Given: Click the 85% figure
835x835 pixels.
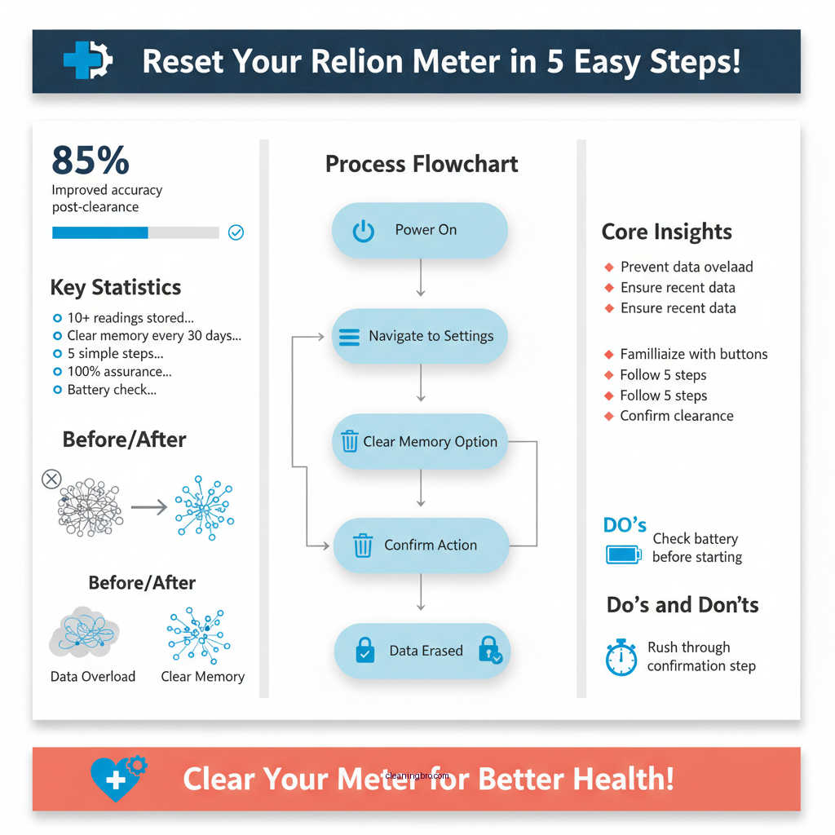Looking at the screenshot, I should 91,160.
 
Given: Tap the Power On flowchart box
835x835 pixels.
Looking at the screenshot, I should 419,231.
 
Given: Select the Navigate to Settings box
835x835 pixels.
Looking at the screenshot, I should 419,336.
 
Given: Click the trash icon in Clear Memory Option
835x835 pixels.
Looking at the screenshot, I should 350,442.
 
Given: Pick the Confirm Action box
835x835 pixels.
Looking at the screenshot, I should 421,546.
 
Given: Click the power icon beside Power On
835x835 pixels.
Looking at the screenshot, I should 363,231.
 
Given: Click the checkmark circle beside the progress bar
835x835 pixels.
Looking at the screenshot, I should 236,232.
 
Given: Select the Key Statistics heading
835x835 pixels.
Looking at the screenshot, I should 116,288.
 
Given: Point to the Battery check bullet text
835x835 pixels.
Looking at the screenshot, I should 112,390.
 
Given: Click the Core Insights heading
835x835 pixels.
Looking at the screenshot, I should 666,232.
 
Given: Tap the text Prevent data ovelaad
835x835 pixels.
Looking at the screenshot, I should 687,267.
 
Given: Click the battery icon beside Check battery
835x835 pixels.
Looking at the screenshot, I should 624,554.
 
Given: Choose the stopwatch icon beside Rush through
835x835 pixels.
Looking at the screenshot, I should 621,657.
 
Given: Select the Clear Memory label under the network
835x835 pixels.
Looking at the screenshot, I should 202,677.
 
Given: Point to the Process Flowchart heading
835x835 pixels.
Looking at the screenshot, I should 422,164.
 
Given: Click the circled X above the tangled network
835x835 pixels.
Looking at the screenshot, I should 51,479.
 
